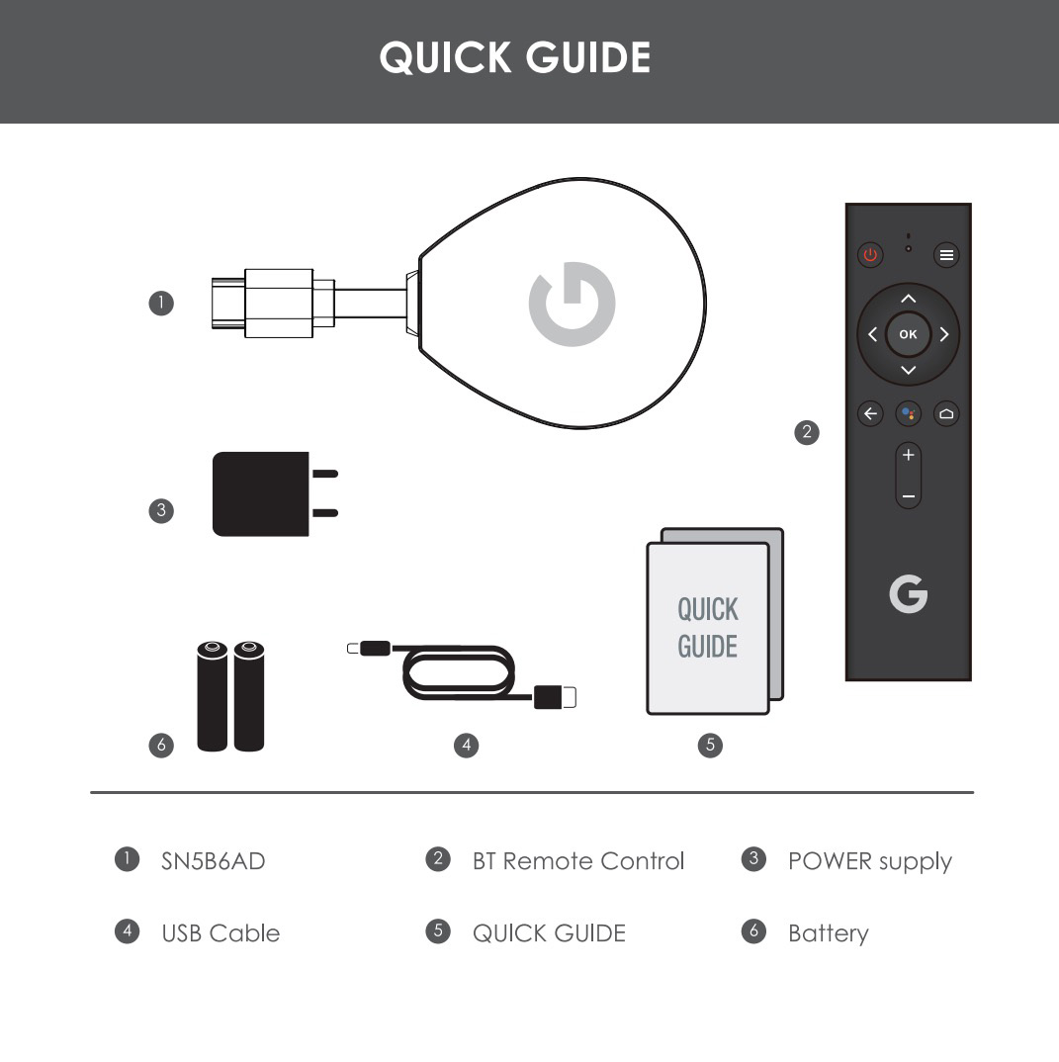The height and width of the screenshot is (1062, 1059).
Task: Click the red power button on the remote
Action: pyautogui.click(x=870, y=255)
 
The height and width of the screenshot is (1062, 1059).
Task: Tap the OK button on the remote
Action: pyautogui.click(x=908, y=334)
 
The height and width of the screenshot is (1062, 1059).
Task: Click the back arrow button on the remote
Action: pyautogui.click(x=870, y=413)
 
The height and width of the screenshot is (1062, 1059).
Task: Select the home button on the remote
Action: pyautogui.click(x=946, y=413)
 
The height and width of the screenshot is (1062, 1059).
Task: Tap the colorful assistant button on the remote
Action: pyautogui.click(x=908, y=413)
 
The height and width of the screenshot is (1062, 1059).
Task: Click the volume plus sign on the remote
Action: pyautogui.click(x=908, y=455)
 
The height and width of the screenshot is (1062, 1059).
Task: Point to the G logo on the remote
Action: pyautogui.click(x=908, y=594)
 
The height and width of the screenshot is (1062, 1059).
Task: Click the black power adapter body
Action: pyautogui.click(x=261, y=493)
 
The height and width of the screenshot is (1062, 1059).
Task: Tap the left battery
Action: pyautogui.click(x=212, y=696)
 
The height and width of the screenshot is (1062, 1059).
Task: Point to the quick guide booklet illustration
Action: pyautogui.click(x=715, y=621)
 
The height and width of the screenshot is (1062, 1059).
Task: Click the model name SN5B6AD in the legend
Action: pyautogui.click(x=213, y=861)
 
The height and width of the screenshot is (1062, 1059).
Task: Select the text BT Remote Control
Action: pyautogui.click(x=578, y=861)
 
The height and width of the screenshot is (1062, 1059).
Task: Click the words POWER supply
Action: pyautogui.click(x=870, y=862)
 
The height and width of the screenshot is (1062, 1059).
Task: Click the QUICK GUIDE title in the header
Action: pyautogui.click(x=514, y=57)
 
